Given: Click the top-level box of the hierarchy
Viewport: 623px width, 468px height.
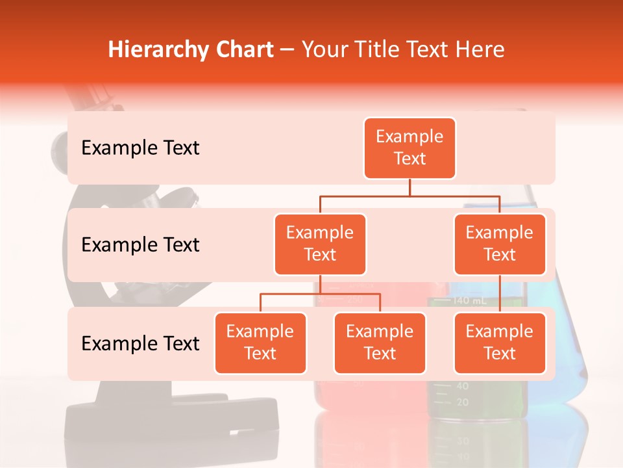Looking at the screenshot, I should coord(409,148).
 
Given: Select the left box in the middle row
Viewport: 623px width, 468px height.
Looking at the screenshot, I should coord(320,244).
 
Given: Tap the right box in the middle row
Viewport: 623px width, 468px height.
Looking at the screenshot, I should coord(500,244).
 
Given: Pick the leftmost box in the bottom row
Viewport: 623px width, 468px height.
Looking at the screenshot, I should coord(260,343).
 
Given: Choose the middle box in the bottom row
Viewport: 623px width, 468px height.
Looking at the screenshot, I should coord(380,343).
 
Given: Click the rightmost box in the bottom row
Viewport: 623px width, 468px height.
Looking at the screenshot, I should coord(500,343).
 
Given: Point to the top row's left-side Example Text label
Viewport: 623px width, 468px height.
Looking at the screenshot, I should coord(140,148).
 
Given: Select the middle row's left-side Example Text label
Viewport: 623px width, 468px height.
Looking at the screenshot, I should coord(140,245).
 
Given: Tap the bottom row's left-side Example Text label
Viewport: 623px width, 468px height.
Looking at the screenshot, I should coord(140,344).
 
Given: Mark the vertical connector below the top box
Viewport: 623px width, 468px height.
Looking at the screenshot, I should coord(409,187).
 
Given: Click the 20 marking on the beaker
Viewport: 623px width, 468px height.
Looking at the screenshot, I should coord(462,402).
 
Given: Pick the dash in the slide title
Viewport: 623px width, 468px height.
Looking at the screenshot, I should coord(287,50).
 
